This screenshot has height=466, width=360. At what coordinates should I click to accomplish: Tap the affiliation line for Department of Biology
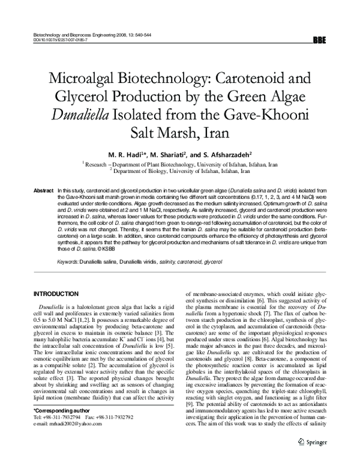pos(180,170)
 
